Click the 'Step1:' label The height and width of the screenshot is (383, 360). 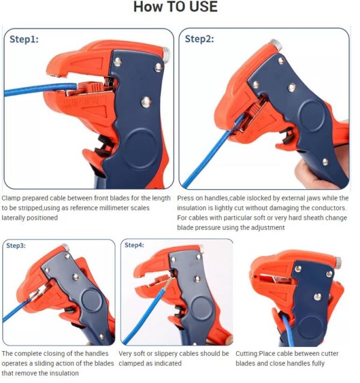[24, 39]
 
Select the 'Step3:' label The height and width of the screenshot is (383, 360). [17, 246]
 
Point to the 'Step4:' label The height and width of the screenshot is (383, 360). [134, 245]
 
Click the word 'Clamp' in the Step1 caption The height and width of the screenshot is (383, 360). [12, 198]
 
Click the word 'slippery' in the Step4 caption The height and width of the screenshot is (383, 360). [161, 354]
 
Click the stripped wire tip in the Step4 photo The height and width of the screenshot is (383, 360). [170, 280]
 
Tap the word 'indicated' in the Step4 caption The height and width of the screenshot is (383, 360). [169, 363]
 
